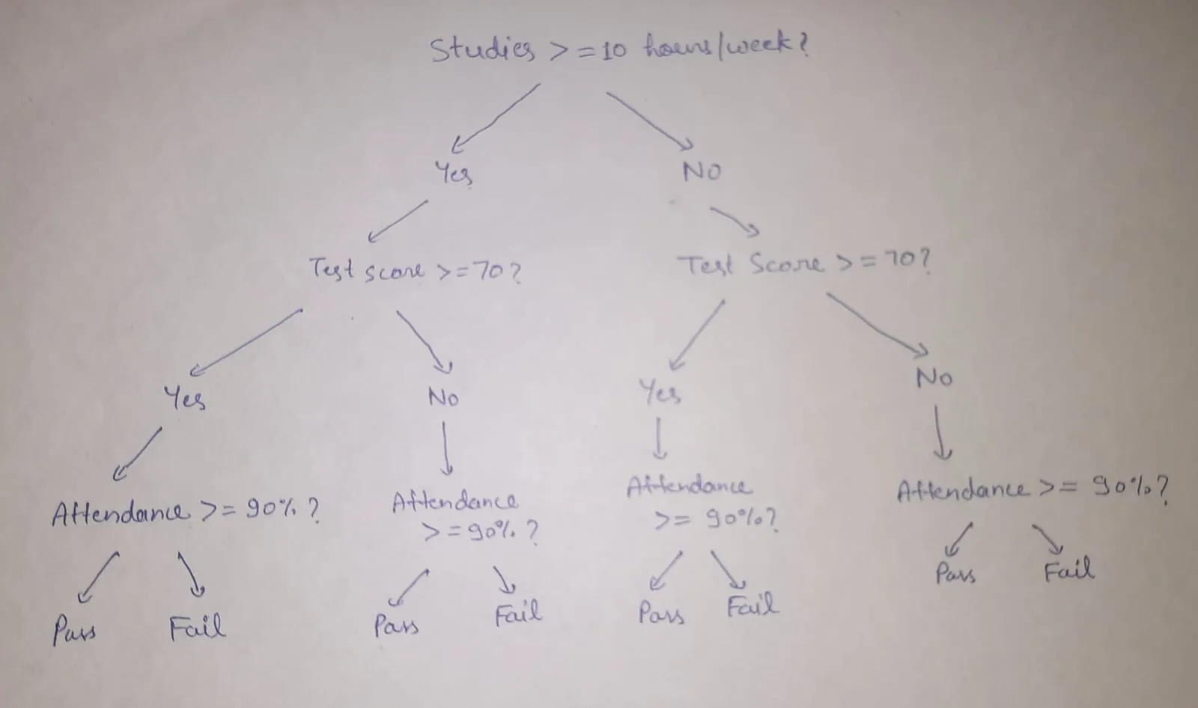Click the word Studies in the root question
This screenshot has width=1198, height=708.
(483, 50)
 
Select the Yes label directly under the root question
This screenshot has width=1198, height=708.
(454, 174)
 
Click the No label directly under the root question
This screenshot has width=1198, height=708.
(702, 171)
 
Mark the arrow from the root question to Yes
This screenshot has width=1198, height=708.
(495, 118)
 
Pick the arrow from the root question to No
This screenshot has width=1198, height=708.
(649, 120)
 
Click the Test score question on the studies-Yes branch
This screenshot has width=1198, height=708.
(415, 271)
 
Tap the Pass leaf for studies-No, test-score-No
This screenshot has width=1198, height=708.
(955, 574)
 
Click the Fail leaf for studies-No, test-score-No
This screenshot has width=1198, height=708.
(1068, 570)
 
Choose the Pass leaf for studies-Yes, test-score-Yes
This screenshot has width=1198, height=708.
(74, 630)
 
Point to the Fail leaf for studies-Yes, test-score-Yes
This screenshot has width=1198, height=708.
(197, 628)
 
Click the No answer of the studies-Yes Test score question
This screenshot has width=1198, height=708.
(443, 397)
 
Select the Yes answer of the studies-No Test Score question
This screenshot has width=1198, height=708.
(660, 392)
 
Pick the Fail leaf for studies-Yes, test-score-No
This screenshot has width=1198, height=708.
(517, 614)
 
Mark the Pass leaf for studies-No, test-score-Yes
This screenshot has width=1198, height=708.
(661, 614)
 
